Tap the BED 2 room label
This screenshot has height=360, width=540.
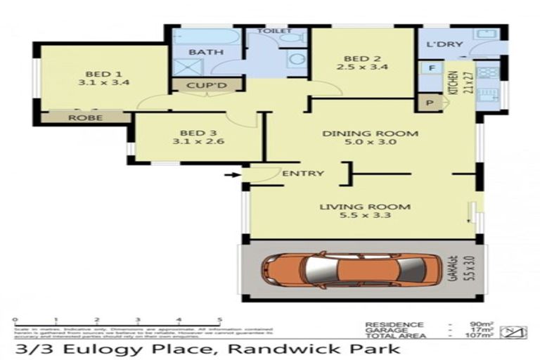coord(361,58)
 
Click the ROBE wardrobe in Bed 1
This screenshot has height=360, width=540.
coord(84,117)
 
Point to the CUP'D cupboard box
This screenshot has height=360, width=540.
coord(207,86)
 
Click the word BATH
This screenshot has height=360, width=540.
coord(206,52)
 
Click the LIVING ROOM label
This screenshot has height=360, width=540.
coord(365,207)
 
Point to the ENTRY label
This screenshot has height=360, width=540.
coord(302,173)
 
